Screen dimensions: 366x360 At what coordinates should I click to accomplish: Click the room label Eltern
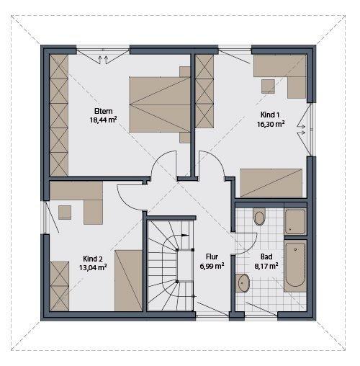click(x=102, y=111)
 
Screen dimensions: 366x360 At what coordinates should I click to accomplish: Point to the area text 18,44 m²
click(x=102, y=120)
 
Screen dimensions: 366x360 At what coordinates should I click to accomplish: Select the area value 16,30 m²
click(x=271, y=124)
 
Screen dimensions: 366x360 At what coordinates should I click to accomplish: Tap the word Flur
click(x=212, y=256)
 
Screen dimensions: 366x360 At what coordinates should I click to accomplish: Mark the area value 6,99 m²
click(x=212, y=265)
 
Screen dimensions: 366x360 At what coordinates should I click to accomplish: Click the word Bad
click(x=266, y=256)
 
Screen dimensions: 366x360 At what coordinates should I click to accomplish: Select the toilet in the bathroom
click(x=259, y=216)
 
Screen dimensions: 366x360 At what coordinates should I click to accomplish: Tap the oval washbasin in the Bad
click(x=243, y=282)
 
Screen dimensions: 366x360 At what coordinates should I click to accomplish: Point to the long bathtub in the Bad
click(x=295, y=264)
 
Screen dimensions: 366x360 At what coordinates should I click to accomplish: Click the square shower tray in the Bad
click(x=296, y=220)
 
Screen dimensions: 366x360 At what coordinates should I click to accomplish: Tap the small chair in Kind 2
click(x=66, y=211)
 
